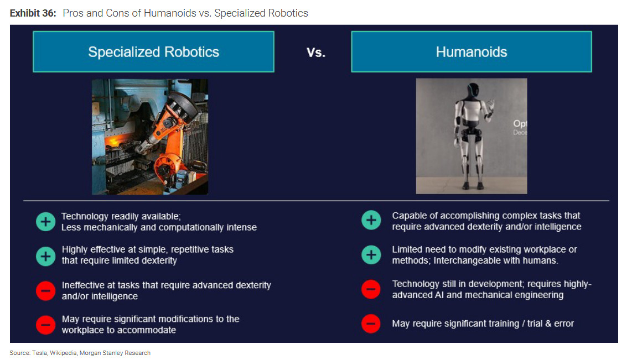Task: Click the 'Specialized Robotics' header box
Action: tap(153, 52)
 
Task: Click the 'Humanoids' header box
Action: tap(471, 52)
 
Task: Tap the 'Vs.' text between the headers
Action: tap(316, 53)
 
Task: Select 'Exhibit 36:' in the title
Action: tap(33, 13)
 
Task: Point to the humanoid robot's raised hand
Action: tap(490, 107)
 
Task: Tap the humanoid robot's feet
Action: tap(473, 186)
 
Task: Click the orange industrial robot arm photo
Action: tap(150, 137)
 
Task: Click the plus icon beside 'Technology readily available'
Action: tap(45, 222)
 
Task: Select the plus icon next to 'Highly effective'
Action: tap(45, 256)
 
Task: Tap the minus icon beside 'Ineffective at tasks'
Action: tap(45, 291)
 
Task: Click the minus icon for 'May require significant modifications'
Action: tap(45, 325)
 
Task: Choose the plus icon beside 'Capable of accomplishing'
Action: tap(371, 220)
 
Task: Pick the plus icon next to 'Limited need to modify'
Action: tap(371, 254)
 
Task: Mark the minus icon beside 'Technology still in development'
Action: tap(371, 289)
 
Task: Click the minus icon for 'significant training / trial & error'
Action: tap(371, 324)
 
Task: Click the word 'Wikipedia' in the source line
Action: tap(63, 353)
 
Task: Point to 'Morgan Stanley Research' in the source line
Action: tap(115, 353)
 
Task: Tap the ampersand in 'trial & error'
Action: tap(548, 324)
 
